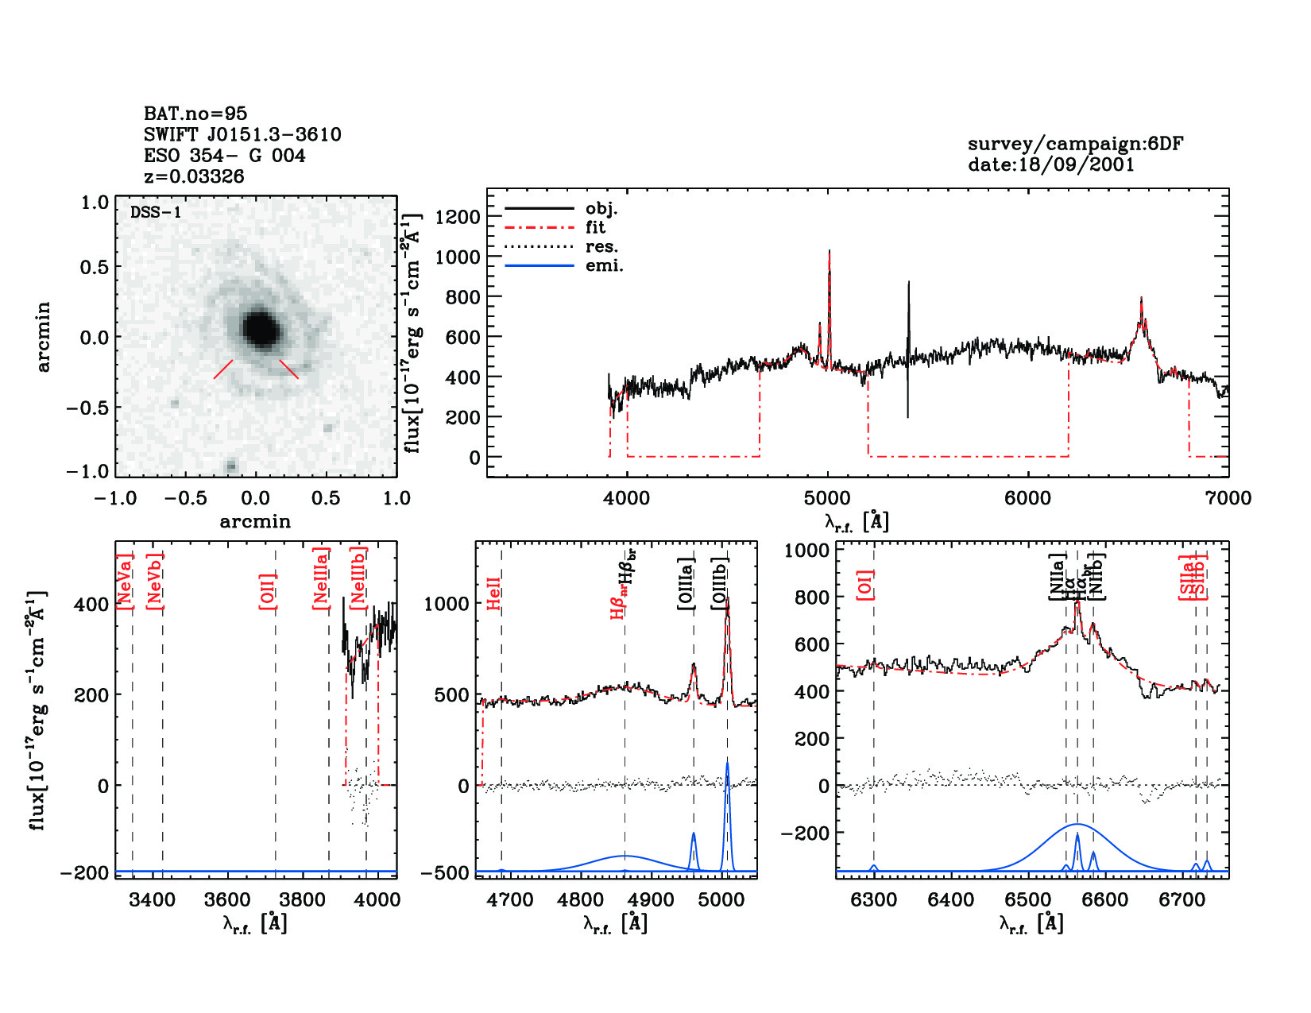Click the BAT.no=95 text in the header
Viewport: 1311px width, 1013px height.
[x=195, y=114]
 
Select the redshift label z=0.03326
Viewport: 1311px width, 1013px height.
[x=194, y=176]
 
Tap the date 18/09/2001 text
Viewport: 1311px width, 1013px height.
[x=1050, y=164]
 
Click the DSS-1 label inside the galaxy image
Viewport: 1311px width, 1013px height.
[x=155, y=213]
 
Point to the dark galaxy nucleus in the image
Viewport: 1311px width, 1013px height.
[x=260, y=328]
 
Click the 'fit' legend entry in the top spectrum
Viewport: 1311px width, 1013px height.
[x=595, y=227]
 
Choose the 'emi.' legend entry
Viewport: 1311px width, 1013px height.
[x=604, y=265]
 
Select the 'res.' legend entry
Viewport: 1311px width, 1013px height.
[x=601, y=246]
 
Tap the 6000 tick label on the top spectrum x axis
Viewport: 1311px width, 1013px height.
[x=1027, y=498]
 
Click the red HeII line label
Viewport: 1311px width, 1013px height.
[x=493, y=594]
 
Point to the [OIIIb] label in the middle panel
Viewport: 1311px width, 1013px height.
[x=720, y=584]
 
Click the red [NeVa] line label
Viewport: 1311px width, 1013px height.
[x=124, y=582]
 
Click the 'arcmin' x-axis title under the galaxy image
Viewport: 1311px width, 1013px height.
[x=255, y=522]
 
